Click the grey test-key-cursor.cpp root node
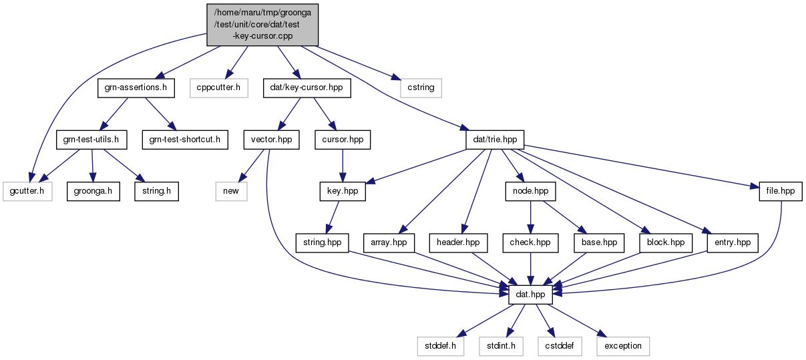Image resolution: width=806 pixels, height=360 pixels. click(x=262, y=25)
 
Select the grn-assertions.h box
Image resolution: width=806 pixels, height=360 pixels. click(x=136, y=88)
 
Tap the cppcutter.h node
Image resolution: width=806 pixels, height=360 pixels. click(x=219, y=88)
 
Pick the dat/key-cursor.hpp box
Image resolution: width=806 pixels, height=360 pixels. click(x=307, y=88)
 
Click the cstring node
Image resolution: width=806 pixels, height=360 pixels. click(x=421, y=88)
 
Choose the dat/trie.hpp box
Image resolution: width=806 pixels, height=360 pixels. click(x=495, y=140)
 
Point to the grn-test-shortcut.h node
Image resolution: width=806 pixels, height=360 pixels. click(x=185, y=140)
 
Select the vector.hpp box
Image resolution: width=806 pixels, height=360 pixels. click(x=271, y=140)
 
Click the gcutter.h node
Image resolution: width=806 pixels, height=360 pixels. click(x=27, y=191)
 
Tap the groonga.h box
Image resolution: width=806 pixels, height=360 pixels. click(x=93, y=191)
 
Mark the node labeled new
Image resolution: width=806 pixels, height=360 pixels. click(x=231, y=191)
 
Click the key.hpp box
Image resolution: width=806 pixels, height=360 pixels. click(x=343, y=191)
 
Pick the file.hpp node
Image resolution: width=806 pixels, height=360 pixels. click(x=781, y=191)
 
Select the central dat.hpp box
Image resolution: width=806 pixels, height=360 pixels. click(x=530, y=295)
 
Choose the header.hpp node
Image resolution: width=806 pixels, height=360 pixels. click(x=458, y=243)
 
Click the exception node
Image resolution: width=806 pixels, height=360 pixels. click(x=623, y=347)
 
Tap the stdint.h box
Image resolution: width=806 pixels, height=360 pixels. click(x=501, y=347)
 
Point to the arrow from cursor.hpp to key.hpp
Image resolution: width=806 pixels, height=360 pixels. click(x=343, y=166)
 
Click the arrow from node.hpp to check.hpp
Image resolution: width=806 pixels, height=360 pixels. click(x=530, y=218)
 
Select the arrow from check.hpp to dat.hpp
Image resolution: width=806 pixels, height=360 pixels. click(x=530, y=269)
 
